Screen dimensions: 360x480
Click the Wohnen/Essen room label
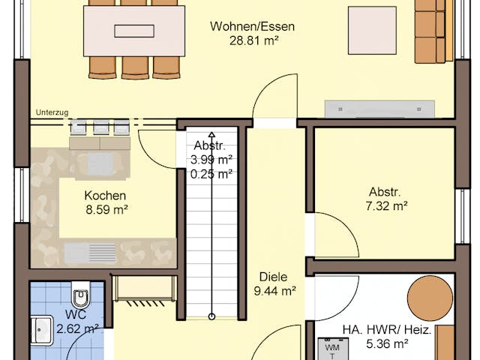(x=252, y=26)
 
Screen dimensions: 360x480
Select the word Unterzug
(x=51, y=112)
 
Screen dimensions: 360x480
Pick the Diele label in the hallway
(x=274, y=277)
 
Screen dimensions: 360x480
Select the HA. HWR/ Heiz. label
(x=385, y=329)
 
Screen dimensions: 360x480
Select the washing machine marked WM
(x=331, y=349)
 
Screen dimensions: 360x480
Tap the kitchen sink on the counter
(x=90, y=251)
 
